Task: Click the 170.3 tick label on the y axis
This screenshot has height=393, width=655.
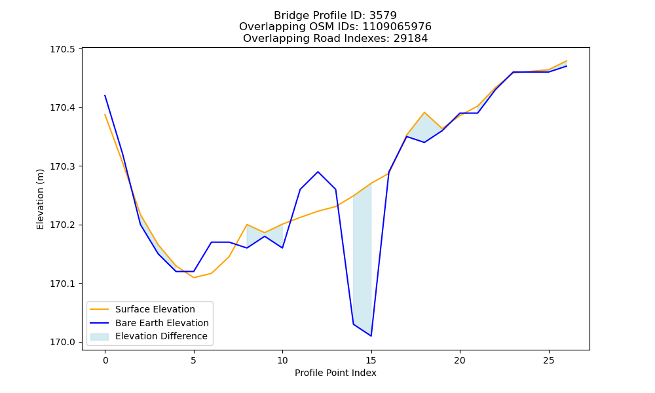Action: pyautogui.click(x=63, y=166)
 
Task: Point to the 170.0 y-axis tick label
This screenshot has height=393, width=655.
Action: pyautogui.click(x=63, y=342)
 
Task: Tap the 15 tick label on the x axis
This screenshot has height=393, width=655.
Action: pyautogui.click(x=371, y=360)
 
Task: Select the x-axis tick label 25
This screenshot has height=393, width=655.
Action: pyautogui.click(x=548, y=360)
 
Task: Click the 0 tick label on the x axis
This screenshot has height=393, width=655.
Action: pyautogui.click(x=105, y=360)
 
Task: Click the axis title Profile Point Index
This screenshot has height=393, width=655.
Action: pyautogui.click(x=335, y=373)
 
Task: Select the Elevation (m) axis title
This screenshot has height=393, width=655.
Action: pyautogui.click(x=40, y=199)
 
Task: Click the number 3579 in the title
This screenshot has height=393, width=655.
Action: pyautogui.click(x=383, y=16)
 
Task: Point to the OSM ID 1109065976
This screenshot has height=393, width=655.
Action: pyautogui.click(x=397, y=27)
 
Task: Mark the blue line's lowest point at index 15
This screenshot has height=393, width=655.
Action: pyautogui.click(x=371, y=336)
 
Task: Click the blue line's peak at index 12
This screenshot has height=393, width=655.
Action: pyautogui.click(x=318, y=172)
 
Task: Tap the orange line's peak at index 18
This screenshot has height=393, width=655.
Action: pyautogui.click(x=424, y=113)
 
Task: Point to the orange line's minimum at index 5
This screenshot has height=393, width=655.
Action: pyautogui.click(x=194, y=277)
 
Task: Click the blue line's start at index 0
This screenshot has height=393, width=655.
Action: pyautogui.click(x=105, y=95)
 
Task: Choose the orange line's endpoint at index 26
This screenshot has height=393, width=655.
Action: pyautogui.click(x=567, y=61)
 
